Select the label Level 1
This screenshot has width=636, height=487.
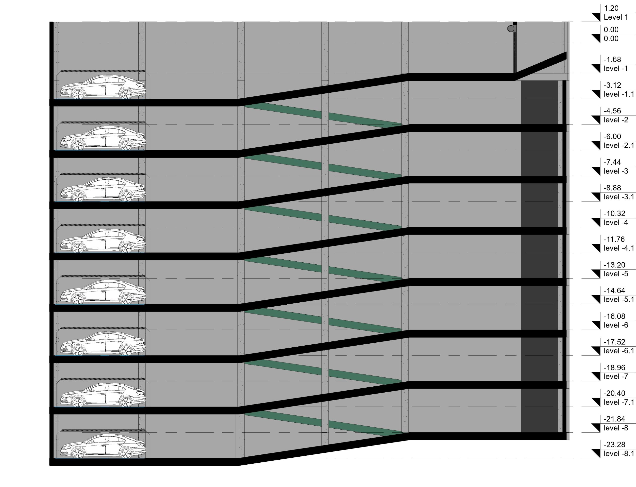point(616,17)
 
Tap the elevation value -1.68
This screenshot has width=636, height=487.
point(612,60)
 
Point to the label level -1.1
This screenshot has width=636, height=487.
point(619,94)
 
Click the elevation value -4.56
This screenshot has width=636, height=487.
point(612,111)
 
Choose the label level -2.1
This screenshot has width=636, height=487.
point(619,146)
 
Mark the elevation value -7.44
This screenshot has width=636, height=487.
point(612,162)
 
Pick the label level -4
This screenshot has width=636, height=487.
point(616,223)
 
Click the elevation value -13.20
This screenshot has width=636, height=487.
point(614,265)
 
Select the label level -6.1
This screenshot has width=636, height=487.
point(619,351)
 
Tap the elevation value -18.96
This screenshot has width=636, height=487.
point(614,368)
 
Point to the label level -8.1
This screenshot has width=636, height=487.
point(619,454)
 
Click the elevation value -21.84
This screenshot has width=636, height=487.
point(614,419)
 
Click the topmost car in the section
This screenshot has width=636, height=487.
point(103,87)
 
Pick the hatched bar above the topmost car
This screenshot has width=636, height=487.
point(103,71)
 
